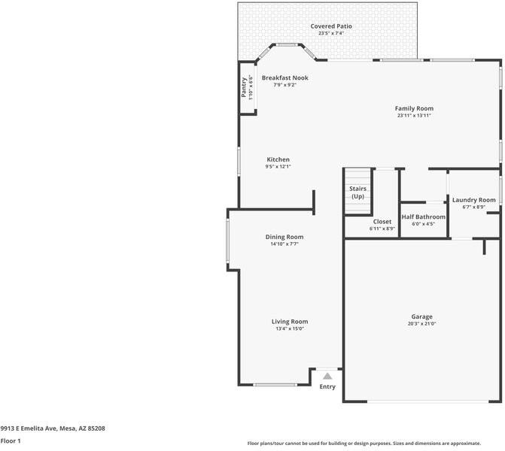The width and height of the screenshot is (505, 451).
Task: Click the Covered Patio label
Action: tap(331, 26)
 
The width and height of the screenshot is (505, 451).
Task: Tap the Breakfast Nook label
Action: tap(285, 78)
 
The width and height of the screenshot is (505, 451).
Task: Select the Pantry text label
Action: tap(244, 87)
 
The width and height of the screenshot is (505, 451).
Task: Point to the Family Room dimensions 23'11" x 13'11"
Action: tap(414, 116)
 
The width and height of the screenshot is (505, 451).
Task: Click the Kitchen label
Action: tap(278, 159)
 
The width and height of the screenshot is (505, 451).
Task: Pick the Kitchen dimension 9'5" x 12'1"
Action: tap(278, 167)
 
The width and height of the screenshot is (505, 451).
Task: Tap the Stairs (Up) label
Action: tap(357, 192)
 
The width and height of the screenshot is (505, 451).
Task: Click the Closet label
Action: tap(382, 222)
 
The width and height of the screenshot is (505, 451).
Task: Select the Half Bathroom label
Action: tap(424, 216)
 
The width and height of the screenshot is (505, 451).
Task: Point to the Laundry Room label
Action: tap(473, 200)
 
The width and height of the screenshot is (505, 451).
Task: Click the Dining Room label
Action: tap(284, 237)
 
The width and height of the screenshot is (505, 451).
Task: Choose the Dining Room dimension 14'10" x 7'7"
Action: tap(284, 244)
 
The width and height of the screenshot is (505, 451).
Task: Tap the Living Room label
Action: tap(290, 322)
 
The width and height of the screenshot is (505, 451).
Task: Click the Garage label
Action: tap(422, 317)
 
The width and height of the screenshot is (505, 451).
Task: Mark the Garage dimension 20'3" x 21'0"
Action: tap(422, 324)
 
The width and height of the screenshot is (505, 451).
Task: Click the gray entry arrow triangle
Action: tap(327, 377)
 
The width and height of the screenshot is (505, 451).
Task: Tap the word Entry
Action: tap(327, 386)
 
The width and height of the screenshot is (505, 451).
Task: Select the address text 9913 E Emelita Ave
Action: tap(29, 428)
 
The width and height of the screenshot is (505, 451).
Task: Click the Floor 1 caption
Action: tap(11, 441)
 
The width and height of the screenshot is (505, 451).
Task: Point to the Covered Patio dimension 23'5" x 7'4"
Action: tap(331, 33)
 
